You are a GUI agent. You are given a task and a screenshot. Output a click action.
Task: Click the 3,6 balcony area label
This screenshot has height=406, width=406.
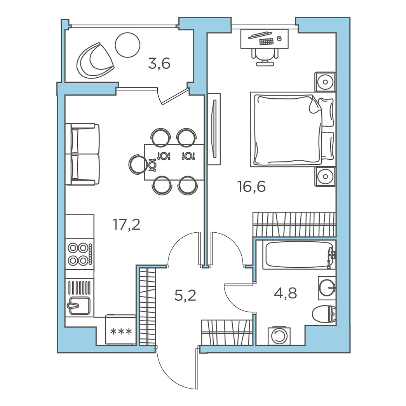[x=159, y=64]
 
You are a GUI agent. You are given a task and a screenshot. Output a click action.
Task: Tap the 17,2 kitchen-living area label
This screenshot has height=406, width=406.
[x=126, y=224]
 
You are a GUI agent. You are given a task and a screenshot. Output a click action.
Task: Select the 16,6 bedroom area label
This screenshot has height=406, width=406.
[x=251, y=186]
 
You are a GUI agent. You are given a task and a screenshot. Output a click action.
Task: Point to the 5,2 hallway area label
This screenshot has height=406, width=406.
[x=185, y=295]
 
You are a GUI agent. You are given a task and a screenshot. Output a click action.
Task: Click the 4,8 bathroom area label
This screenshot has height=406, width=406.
[x=285, y=293]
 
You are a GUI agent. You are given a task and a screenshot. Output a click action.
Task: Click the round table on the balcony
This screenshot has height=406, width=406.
[x=127, y=45]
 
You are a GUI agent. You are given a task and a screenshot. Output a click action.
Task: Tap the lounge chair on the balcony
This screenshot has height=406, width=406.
[x=95, y=60]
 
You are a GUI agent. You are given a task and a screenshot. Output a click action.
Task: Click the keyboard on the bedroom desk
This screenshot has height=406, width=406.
[x=267, y=42]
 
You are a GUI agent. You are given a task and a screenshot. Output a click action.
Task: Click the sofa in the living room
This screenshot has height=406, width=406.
[x=82, y=154]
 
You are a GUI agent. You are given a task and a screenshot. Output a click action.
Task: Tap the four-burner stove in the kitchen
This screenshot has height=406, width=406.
[x=80, y=254]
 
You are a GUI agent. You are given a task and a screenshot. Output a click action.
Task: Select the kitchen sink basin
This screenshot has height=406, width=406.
[x=80, y=306]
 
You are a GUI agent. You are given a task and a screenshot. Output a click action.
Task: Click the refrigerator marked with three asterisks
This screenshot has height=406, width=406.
[x=121, y=329]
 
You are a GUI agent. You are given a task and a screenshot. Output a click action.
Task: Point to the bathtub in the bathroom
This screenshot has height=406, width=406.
[x=299, y=255]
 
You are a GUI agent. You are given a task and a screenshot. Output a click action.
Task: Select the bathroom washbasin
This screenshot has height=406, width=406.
[x=327, y=288]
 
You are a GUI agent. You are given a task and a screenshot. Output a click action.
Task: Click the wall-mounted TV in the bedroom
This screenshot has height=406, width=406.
[x=214, y=129]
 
